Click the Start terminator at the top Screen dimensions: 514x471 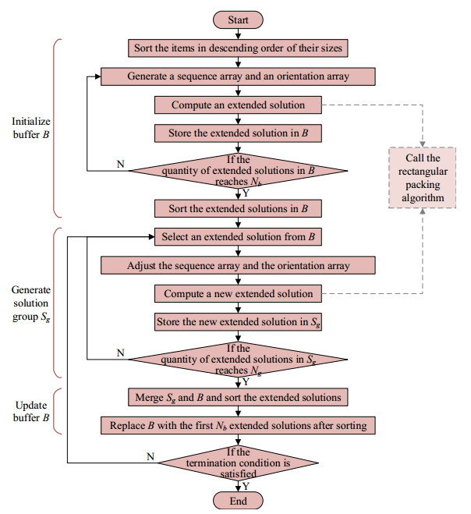(240, 19)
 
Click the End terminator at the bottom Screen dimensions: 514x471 (240, 499)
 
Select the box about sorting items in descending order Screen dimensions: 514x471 (240, 48)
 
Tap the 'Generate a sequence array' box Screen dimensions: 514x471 (240, 76)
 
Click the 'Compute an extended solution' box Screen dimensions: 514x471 (240, 104)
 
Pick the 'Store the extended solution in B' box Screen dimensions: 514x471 (240, 132)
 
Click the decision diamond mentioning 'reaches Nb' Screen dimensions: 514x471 (240, 170)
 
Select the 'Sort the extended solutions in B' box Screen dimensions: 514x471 (240, 208)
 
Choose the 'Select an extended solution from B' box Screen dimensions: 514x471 (240, 237)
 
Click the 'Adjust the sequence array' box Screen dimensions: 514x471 (240, 265)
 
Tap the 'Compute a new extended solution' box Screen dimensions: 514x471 (240, 293)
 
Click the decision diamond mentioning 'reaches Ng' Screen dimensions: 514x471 (240, 359)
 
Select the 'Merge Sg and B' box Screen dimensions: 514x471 (240, 397)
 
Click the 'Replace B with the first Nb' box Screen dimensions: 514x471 (240, 425)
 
